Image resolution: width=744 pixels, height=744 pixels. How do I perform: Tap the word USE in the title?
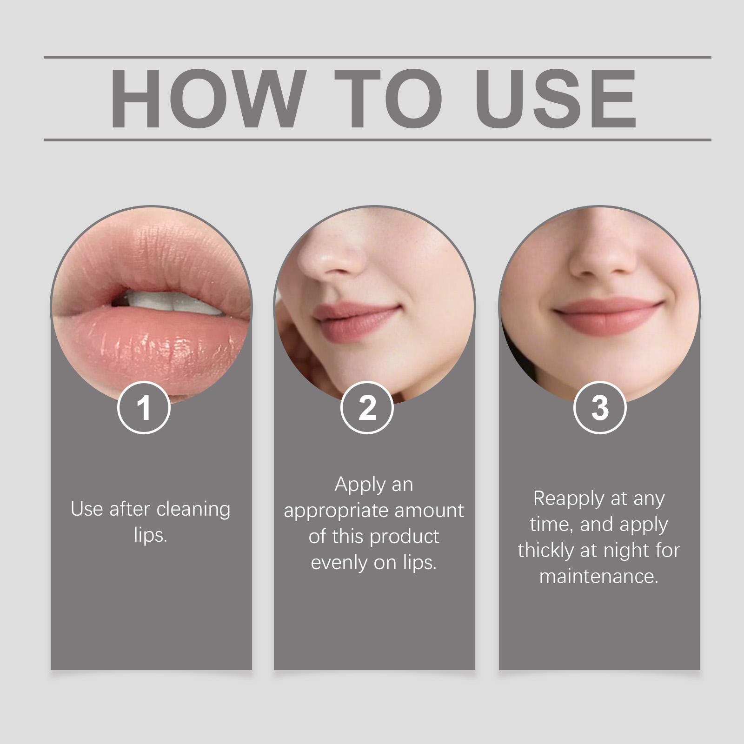(555, 99)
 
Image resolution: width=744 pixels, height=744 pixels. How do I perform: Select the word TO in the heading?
(389, 99)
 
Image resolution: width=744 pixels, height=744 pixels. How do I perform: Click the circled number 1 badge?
(144, 408)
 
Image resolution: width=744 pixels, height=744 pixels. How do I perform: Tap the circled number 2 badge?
(367, 408)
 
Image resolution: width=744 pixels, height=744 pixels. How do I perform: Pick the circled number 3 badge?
(600, 408)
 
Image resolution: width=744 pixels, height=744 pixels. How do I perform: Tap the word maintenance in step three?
(599, 577)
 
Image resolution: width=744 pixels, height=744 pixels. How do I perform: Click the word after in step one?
(124, 509)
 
